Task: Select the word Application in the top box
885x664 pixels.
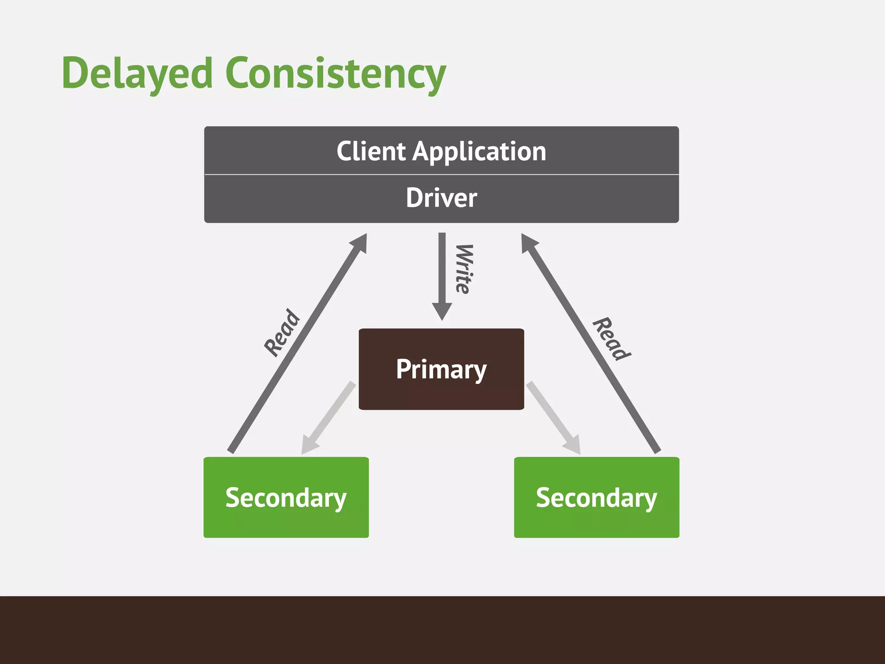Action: pos(480,152)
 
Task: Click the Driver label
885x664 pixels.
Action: pos(441,198)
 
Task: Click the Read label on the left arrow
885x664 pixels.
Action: pos(282,333)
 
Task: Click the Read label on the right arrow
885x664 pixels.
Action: pos(611,339)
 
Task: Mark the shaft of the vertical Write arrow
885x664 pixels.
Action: pos(442,268)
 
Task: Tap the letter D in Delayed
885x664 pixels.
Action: pos(77,73)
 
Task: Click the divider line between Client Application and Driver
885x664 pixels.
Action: pos(441,175)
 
